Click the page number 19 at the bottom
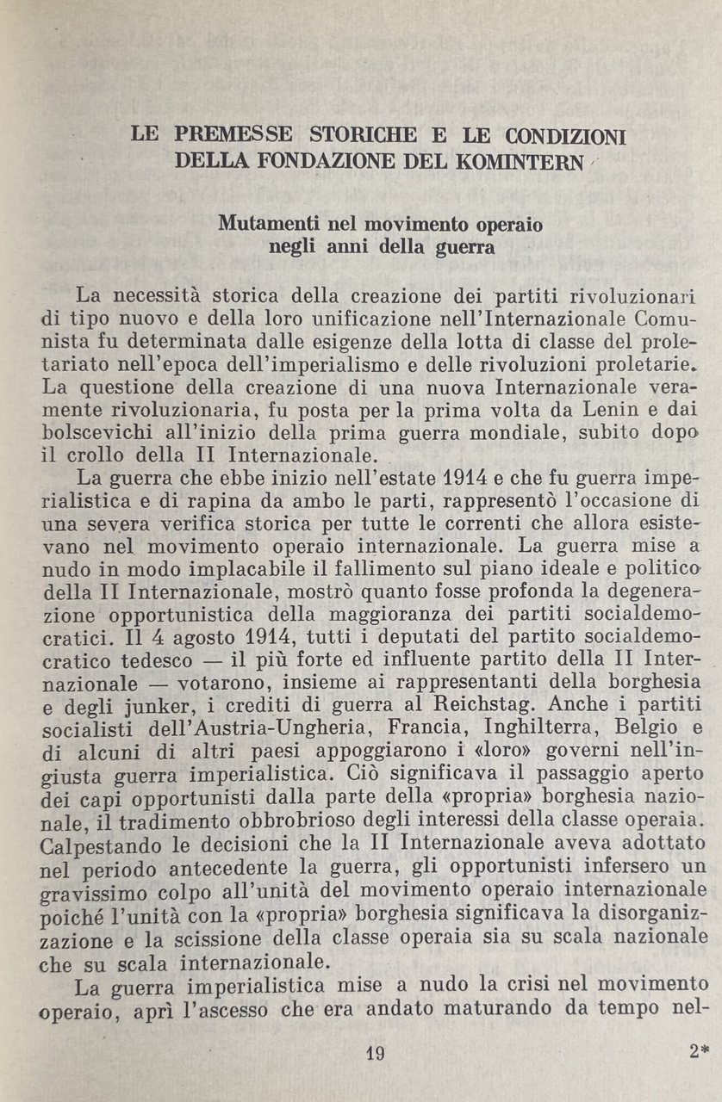click(x=376, y=1053)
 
